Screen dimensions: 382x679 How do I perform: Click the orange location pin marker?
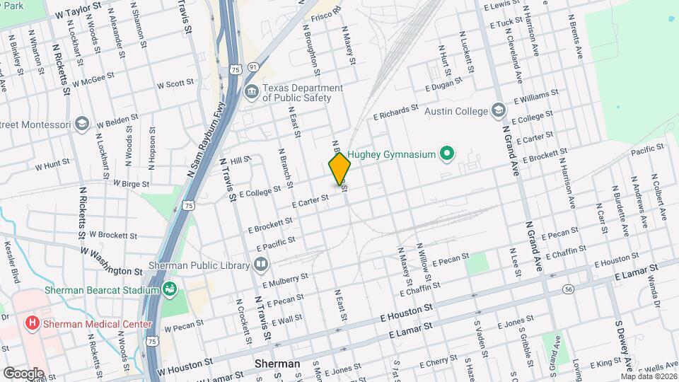click(339, 168)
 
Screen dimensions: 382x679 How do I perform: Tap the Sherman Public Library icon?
click(262, 265)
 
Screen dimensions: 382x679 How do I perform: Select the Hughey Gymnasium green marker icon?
click(446, 153)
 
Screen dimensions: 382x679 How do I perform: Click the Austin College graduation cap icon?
click(499, 111)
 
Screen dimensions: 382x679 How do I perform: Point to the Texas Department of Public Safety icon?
click(251, 92)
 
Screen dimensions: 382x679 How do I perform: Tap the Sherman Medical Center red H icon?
click(32, 325)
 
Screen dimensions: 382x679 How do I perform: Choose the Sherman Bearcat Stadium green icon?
click(169, 289)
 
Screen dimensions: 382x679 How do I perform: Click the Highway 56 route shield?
click(568, 289)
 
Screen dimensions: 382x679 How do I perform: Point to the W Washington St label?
click(111, 260)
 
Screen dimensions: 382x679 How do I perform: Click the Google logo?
click(23, 373)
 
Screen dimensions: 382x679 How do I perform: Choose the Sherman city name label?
click(277, 364)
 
